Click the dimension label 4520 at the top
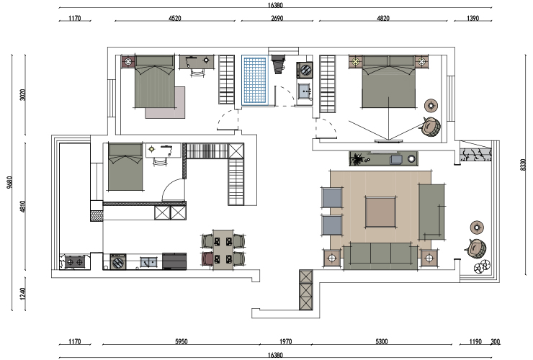coord(175,18)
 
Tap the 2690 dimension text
coord(277,18)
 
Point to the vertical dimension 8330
coord(523,165)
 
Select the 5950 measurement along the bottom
coord(182,341)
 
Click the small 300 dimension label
coord(496,341)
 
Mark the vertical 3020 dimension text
coord(23,94)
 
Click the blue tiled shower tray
coord(254,80)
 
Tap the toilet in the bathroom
coord(279,64)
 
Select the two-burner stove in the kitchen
coord(75,262)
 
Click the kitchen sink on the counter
coord(149,262)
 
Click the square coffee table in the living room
coord(380,212)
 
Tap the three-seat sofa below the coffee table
coord(380,256)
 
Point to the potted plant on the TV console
coord(357,158)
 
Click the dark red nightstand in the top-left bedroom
coord(128,61)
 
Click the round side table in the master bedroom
coord(431,105)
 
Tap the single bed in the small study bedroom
coord(125,166)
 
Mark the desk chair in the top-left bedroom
coord(197,73)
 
